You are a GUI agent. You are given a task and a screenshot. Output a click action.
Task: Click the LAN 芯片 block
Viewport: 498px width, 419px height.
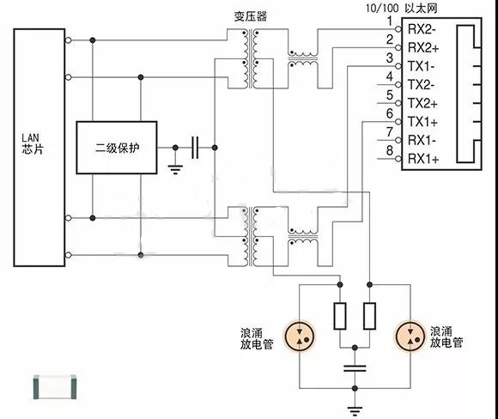(x=39, y=145)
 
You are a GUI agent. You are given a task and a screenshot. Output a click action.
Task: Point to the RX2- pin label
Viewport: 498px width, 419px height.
(x=422, y=28)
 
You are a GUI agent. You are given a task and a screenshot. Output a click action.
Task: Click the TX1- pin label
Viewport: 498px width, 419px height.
(x=421, y=66)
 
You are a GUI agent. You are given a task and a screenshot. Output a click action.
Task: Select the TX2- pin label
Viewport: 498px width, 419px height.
(x=421, y=84)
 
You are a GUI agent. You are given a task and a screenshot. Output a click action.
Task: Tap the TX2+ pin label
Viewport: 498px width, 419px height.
(x=422, y=103)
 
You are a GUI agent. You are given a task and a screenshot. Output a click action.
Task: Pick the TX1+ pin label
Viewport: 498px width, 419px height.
(x=422, y=121)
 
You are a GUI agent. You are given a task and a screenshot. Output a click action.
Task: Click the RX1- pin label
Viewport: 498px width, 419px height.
(x=422, y=140)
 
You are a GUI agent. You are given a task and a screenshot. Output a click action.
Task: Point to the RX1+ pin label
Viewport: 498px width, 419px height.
(x=422, y=159)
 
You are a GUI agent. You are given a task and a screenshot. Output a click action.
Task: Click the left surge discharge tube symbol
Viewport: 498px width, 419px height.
(x=298, y=336)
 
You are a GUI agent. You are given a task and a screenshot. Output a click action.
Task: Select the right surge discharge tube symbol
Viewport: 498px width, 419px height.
(x=410, y=336)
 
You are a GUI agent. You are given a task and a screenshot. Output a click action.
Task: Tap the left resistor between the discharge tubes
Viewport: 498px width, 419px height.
(x=341, y=317)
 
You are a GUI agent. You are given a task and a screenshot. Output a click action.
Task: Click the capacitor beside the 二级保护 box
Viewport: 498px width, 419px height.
(x=196, y=148)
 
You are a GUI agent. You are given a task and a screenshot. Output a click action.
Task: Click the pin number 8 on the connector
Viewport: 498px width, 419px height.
(x=390, y=151)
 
